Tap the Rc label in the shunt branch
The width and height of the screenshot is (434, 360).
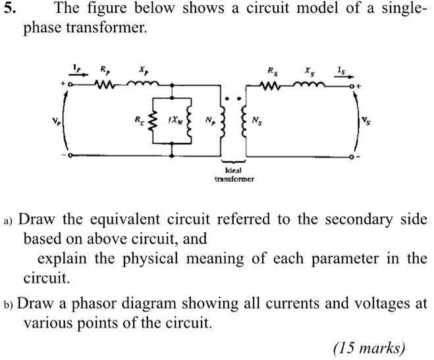pyautogui.click(x=138, y=121)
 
